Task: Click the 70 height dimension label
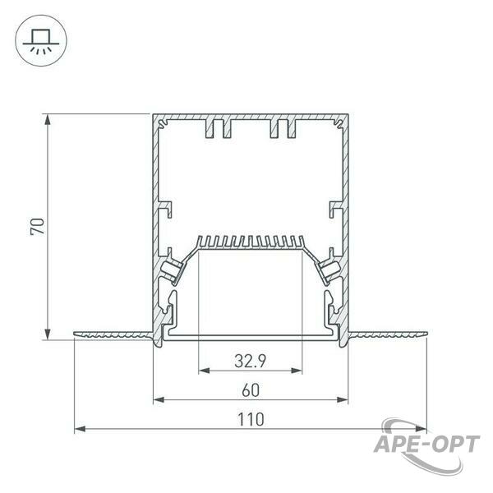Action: [x=38, y=227]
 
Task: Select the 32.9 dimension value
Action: [x=251, y=361]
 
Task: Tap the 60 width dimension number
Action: [x=251, y=390]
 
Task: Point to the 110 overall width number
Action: [x=251, y=420]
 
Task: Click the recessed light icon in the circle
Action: [x=41, y=41]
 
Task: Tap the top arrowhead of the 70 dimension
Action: [x=48, y=120]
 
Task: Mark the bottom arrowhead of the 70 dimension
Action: [x=48, y=334]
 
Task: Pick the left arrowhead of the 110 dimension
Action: [x=80, y=429]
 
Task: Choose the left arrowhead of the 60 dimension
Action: [x=159, y=400]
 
